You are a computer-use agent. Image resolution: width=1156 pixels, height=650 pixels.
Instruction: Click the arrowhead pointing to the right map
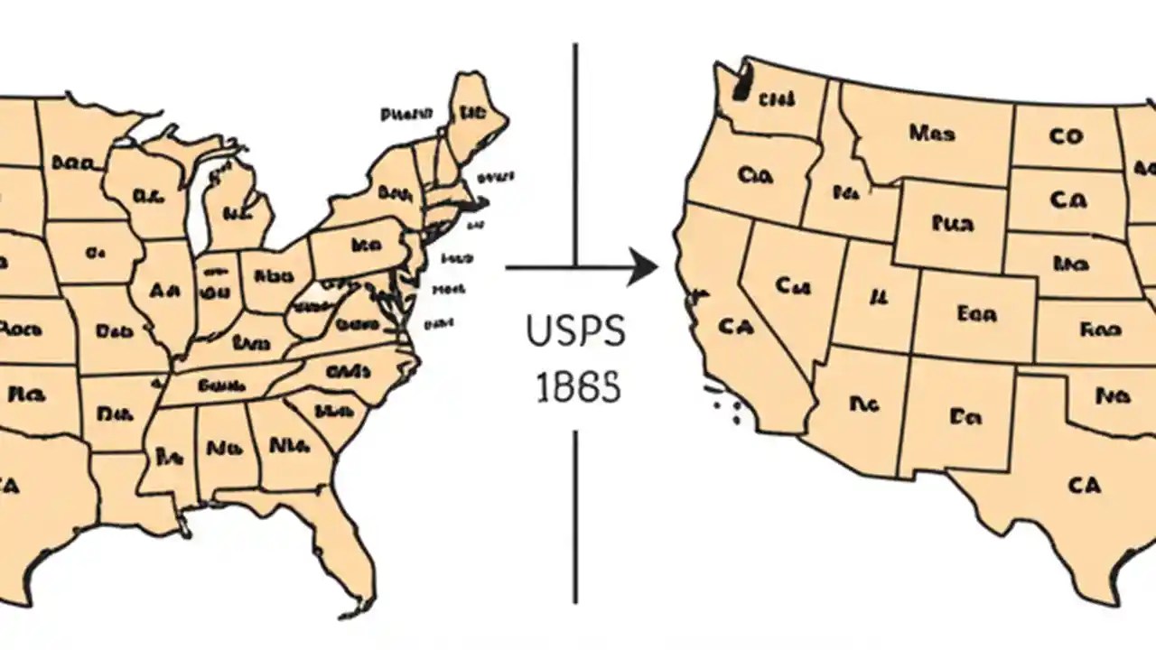(643, 267)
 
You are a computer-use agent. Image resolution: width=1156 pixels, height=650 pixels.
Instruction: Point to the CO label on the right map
(1066, 136)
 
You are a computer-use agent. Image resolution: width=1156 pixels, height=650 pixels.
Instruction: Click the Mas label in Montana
(931, 134)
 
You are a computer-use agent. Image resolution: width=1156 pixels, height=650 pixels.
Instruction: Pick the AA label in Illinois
(164, 291)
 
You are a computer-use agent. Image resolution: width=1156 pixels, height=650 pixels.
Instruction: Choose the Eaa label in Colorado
(976, 314)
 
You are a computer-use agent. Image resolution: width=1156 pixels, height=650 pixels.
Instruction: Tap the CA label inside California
(736, 326)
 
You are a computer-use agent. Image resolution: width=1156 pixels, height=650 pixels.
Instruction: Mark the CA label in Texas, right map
(1084, 486)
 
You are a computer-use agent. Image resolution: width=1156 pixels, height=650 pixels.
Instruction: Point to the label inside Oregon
(755, 175)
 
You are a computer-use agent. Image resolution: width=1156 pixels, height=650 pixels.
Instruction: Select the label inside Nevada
(793, 287)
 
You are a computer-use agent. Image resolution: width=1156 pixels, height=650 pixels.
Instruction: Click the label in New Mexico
(965, 416)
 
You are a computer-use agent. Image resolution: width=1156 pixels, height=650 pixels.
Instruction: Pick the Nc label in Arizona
(864, 404)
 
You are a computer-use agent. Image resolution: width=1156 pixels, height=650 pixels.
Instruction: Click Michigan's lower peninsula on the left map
(237, 212)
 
